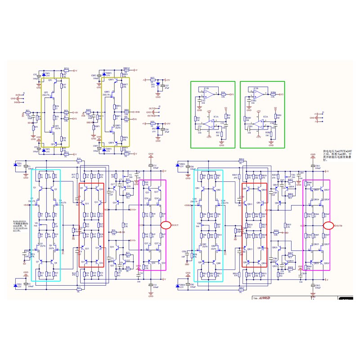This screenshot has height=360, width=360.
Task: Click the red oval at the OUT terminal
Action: (x=166, y=225)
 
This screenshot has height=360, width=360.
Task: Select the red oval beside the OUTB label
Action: (x=328, y=225)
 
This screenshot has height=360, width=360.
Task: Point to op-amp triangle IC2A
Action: (x=261, y=122)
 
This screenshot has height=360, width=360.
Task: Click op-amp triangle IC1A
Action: (x=212, y=122)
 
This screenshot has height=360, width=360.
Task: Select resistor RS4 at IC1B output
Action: (x=223, y=94)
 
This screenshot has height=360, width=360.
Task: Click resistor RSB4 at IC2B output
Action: (x=273, y=94)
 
